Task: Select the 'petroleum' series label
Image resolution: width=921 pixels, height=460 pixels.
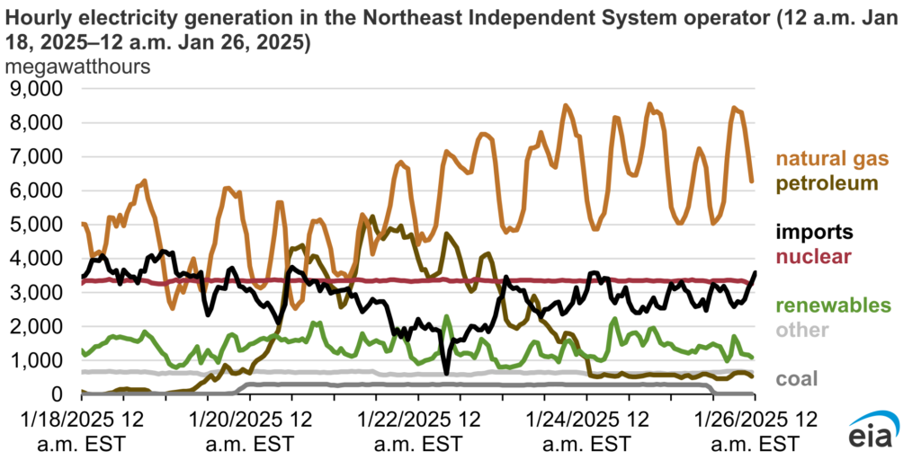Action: pos(827,183)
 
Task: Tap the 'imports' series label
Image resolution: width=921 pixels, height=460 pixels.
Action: pos(816,233)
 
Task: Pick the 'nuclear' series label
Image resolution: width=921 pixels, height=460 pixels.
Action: pos(815,257)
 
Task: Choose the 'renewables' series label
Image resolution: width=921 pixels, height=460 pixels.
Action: pos(835,305)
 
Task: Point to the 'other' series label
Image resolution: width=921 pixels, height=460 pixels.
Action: pos(803,329)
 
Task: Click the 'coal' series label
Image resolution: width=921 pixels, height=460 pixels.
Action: pos(797,378)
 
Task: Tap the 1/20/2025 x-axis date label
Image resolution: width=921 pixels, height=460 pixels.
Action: pos(248,429)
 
